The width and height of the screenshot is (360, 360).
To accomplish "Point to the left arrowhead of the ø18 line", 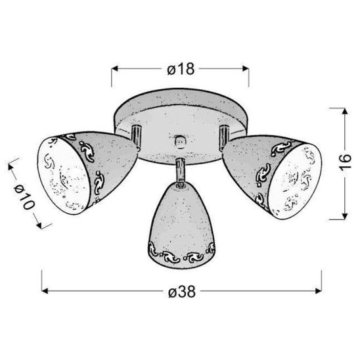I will tap(116, 68).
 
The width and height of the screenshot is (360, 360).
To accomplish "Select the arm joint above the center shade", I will tap(179, 169).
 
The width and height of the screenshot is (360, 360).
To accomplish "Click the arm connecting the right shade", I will tap(224, 135).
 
